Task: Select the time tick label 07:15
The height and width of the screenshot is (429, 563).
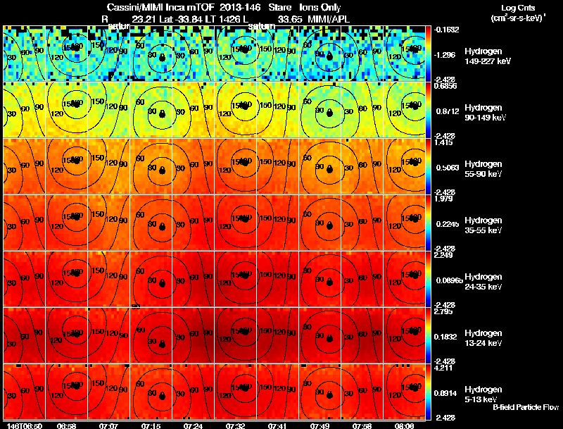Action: pos(151,425)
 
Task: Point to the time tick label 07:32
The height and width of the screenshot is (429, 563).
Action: pos(236,425)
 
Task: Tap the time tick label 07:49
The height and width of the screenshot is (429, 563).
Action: pos(320,425)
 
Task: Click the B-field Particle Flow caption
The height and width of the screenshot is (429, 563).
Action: pos(525,407)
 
